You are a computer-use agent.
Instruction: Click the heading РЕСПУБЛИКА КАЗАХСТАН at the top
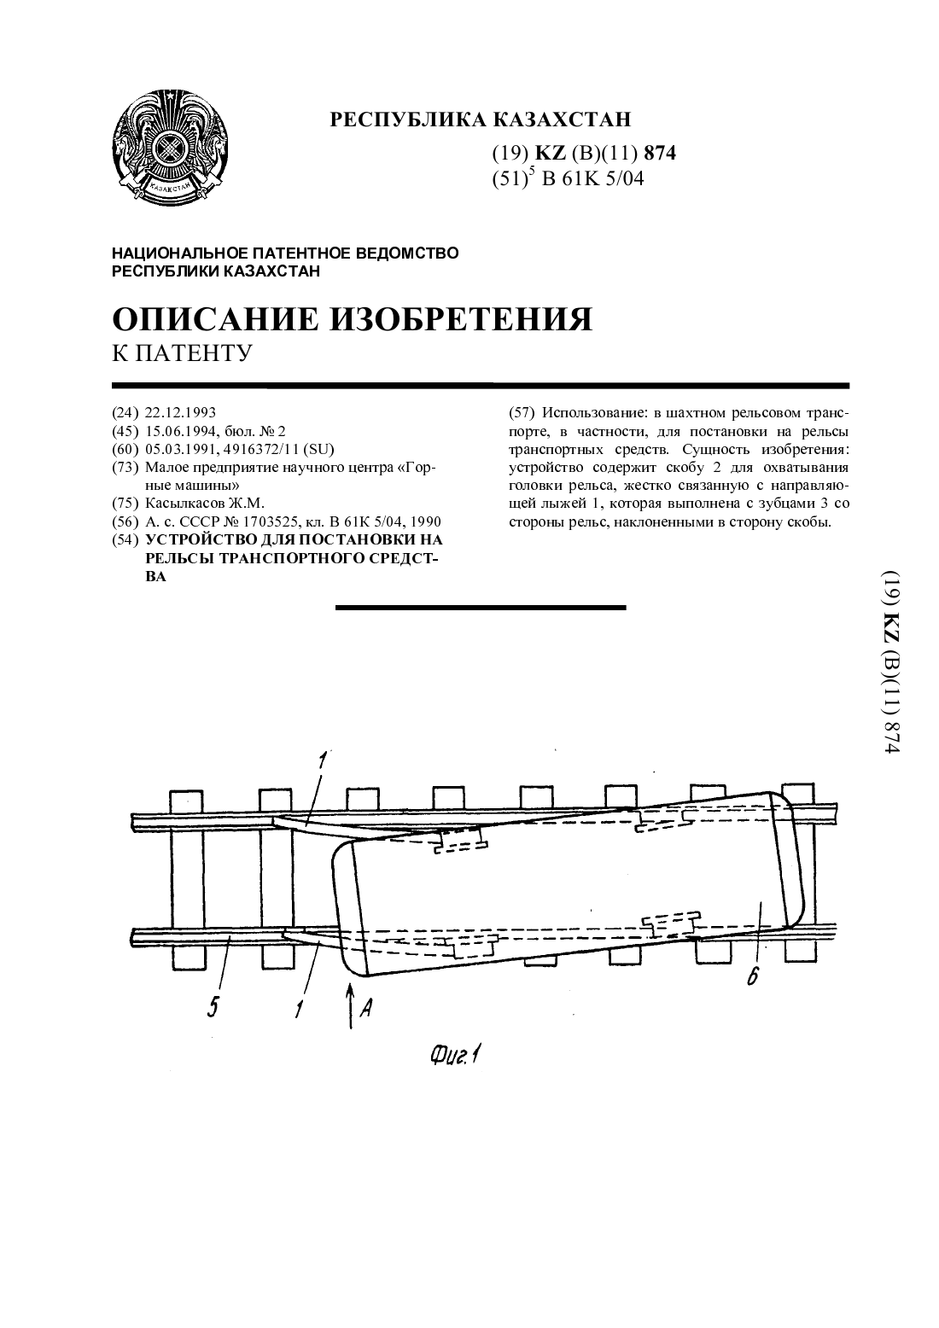(x=480, y=119)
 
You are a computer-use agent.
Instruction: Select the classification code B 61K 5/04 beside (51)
(x=592, y=178)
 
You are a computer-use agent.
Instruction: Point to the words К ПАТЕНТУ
(x=183, y=352)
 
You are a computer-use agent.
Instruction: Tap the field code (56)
(x=125, y=521)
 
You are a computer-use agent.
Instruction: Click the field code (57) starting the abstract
(x=522, y=412)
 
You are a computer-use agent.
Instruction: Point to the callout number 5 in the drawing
(x=213, y=1006)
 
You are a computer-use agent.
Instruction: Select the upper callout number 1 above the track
(x=321, y=760)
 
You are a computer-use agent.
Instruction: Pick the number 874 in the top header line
(x=660, y=154)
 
